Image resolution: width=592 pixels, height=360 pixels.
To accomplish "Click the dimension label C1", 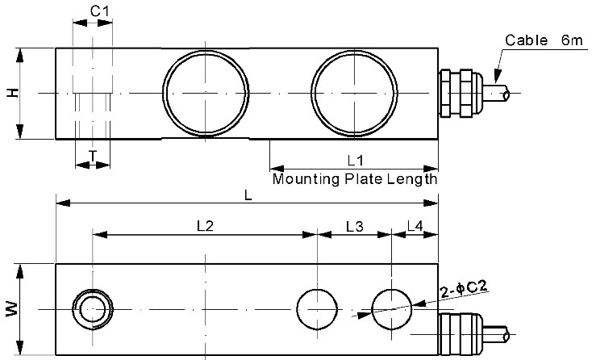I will point(99,11).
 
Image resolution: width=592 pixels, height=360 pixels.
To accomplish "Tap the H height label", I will point(11,94).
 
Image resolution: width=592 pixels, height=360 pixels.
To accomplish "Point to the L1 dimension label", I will point(354,160).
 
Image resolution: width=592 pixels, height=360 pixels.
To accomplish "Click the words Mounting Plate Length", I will point(354,178).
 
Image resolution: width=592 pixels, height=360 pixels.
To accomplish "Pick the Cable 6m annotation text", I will point(538,40).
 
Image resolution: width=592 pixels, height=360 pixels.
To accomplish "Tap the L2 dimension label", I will point(205,227).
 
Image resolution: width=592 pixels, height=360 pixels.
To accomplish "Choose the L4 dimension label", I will point(415,227).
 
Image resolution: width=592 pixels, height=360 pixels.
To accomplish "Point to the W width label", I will point(11,309).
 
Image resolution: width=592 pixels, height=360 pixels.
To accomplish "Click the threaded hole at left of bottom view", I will point(93,309).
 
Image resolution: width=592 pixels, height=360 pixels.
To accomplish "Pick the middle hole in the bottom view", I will point(317,309).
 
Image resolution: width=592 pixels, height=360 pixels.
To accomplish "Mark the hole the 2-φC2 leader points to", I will point(392,309).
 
